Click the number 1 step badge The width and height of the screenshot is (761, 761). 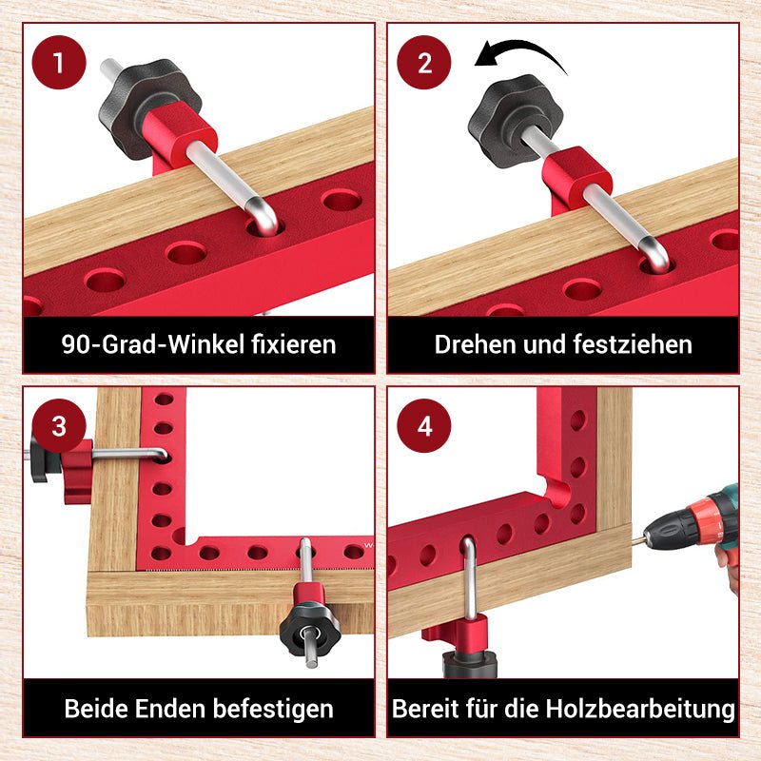click(59, 64)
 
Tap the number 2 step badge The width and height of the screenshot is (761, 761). click(425, 64)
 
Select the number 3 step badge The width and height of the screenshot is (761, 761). click(59, 425)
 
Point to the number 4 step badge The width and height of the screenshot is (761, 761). click(425, 425)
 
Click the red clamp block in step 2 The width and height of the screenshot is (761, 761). click(576, 179)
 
